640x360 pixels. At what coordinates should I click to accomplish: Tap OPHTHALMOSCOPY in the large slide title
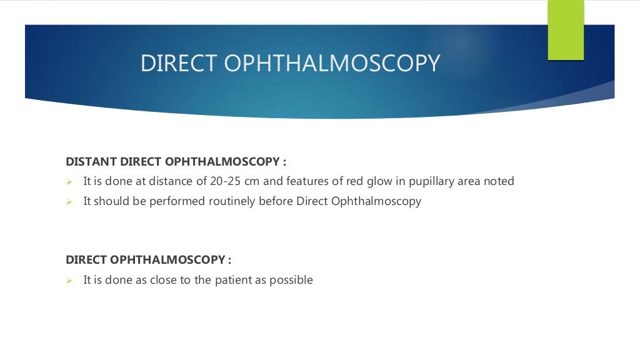[332, 64]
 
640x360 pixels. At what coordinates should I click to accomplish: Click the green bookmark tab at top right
[566, 29]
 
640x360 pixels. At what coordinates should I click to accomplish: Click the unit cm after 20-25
[256, 181]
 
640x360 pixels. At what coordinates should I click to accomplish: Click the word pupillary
[423, 182]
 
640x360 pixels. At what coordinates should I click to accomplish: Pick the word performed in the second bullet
[173, 201]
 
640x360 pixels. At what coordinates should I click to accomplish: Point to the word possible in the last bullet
[291, 280]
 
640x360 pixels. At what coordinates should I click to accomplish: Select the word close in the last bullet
[164, 280]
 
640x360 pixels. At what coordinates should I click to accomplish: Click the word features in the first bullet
[304, 181]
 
